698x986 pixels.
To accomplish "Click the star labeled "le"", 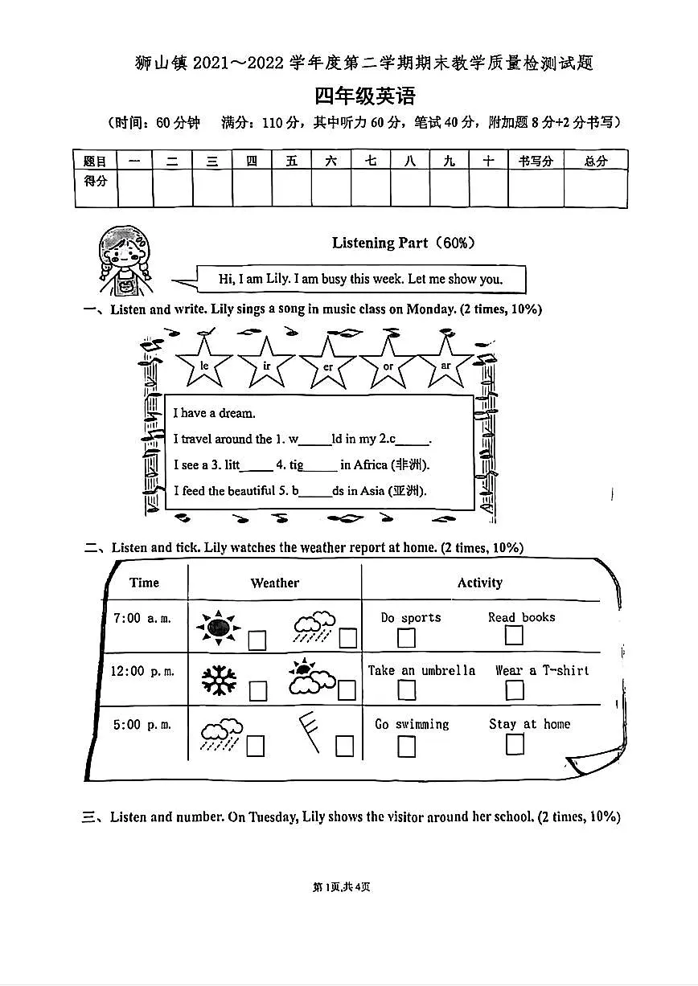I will tap(204, 364).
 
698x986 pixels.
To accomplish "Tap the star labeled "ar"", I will tap(445, 364).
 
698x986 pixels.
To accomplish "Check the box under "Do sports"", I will tap(407, 638).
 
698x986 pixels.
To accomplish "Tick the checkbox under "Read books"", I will tap(514, 635).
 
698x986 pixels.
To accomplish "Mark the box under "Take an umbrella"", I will tap(407, 692).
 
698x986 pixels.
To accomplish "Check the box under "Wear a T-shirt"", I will tap(515, 690).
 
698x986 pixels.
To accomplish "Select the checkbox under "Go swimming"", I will tap(407, 747).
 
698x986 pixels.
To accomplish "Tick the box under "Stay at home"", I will tap(515, 745).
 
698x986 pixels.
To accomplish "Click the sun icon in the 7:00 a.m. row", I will tap(217, 628).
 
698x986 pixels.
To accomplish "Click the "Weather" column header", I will tap(274, 583).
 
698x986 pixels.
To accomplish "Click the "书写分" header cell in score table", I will tap(536, 161).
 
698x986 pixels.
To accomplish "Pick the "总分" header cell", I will tap(595, 161).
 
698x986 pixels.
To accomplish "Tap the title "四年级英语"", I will tap(365, 96).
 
